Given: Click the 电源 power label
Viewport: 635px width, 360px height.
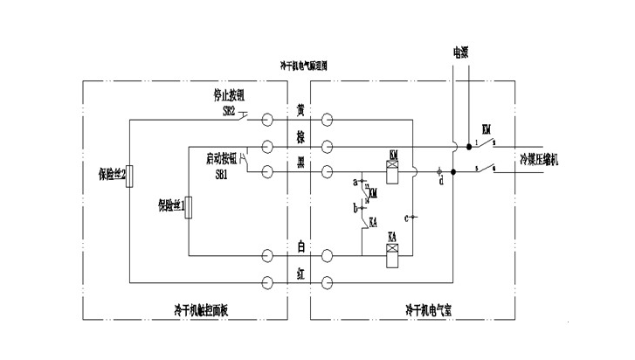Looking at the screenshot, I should [461, 52].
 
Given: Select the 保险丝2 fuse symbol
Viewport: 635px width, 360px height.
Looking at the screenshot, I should [128, 175].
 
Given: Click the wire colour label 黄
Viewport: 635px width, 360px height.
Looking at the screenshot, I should [300, 112].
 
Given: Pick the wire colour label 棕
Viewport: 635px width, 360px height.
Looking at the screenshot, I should [300, 139].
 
